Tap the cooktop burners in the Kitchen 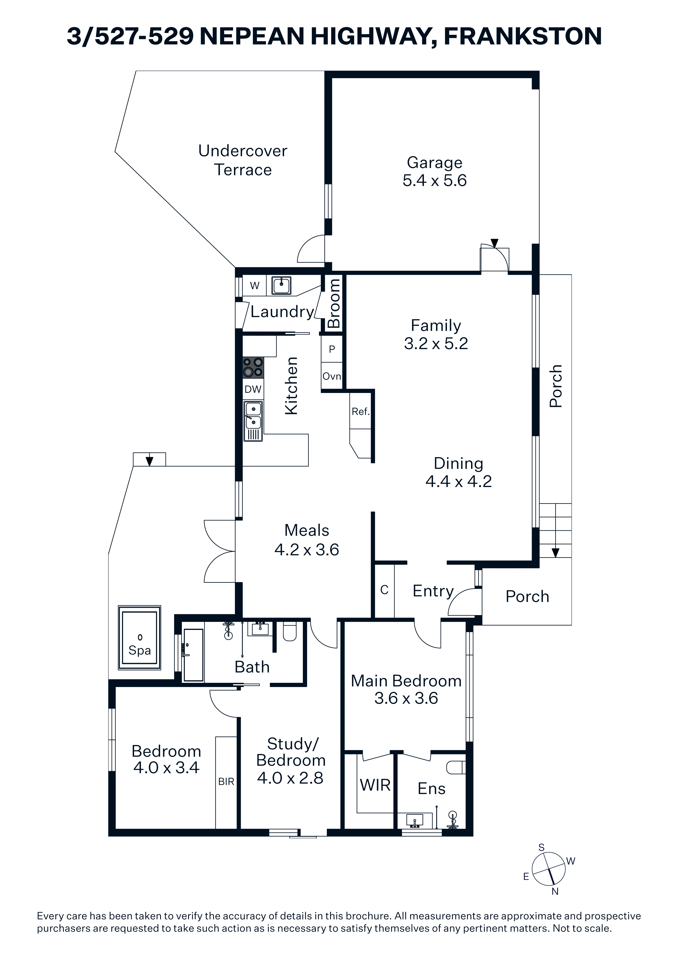(253, 367)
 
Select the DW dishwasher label (253, 389)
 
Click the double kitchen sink (253, 421)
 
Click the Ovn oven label (332, 376)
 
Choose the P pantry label (332, 349)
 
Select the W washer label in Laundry (255, 286)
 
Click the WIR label (375, 785)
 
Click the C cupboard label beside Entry (384, 590)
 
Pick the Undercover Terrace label (243, 160)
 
